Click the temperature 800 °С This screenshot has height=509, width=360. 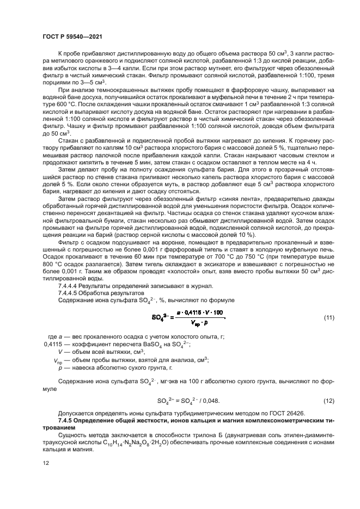(54, 264)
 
